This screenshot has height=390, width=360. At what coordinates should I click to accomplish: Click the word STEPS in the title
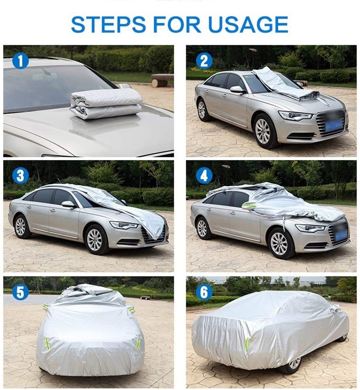[x=108, y=24]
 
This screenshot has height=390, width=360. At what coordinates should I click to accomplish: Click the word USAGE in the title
[x=248, y=24]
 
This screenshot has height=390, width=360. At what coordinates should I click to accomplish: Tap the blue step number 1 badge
[x=20, y=61]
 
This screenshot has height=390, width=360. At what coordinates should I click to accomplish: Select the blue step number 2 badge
[x=204, y=61]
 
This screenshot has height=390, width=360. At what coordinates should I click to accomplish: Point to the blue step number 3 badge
[x=20, y=176]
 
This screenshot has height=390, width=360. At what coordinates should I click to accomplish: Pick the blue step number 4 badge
[x=204, y=176]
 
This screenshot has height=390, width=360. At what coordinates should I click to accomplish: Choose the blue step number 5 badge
[x=20, y=292]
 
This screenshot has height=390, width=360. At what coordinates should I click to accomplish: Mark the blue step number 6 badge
[x=204, y=292]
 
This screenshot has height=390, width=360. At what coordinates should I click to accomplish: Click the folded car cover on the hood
[x=106, y=103]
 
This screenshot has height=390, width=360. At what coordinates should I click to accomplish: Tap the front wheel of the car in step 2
[x=263, y=131]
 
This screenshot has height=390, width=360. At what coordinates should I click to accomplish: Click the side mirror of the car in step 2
[x=237, y=90]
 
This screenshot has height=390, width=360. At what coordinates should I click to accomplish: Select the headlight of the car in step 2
[x=295, y=115]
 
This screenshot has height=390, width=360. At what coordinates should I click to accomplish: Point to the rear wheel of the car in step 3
[x=21, y=226]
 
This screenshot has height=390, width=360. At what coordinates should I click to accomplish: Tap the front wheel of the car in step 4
[x=280, y=243]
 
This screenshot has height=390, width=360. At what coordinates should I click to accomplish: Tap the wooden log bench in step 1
[x=163, y=80]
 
